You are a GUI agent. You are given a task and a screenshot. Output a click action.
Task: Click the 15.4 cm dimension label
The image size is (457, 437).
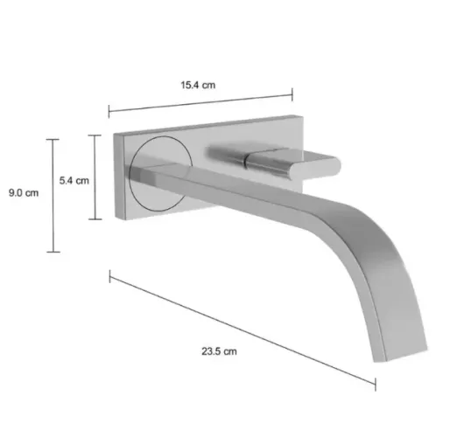[x=198, y=85]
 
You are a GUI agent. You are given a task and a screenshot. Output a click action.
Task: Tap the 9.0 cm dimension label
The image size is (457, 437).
[x=24, y=192]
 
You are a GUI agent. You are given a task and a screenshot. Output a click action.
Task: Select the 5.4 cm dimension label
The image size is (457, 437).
[x=74, y=180]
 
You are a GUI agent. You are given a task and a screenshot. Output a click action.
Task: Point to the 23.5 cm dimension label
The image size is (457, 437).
[x=219, y=351]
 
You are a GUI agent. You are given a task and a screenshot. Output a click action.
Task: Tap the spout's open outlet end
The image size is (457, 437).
[x=401, y=355]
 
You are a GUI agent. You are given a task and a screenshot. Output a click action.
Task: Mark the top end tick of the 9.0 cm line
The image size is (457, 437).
[x=53, y=140]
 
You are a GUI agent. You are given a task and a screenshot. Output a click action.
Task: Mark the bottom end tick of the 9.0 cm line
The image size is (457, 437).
[x=53, y=252]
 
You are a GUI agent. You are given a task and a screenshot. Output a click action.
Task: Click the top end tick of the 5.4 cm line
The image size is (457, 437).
[x=95, y=135]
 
